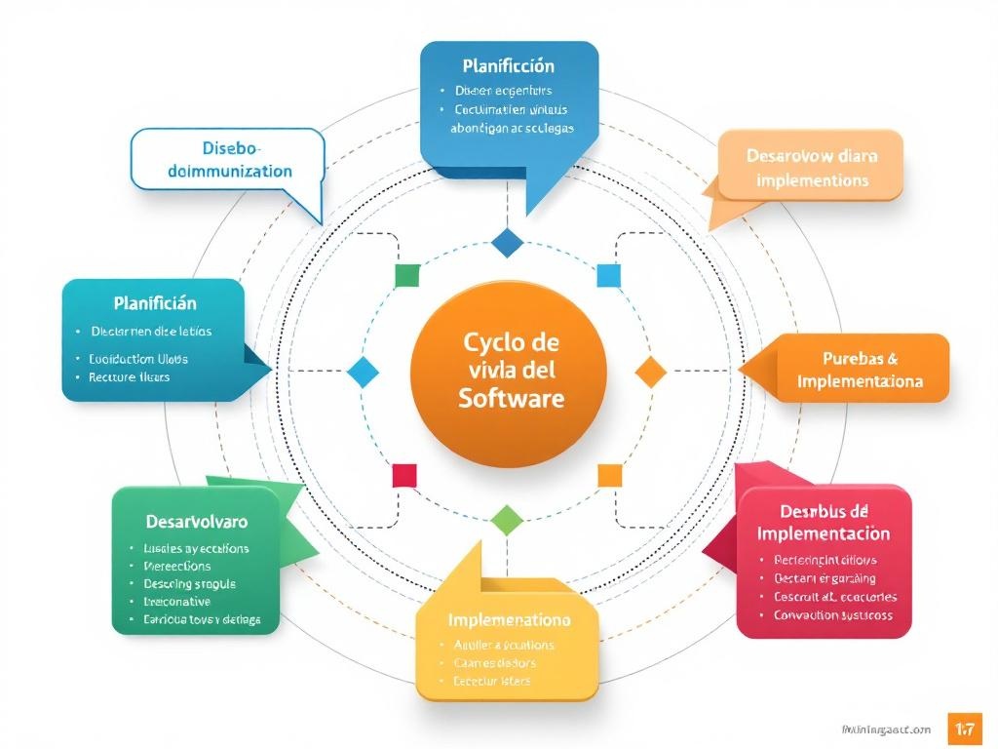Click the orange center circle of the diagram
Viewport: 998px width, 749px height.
[508, 374]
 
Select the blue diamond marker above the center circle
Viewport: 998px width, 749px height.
[508, 242]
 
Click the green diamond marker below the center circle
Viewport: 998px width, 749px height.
[507, 519]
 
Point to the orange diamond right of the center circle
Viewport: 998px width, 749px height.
[650, 372]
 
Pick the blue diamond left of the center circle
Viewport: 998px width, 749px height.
[362, 372]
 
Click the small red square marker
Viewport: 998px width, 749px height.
[404, 476]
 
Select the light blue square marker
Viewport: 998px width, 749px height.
[608, 275]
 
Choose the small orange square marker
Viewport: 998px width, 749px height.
[609, 475]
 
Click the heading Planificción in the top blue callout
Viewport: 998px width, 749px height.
[508, 66]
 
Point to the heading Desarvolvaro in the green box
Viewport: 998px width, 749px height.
[196, 522]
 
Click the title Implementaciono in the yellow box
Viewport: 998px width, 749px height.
[509, 619]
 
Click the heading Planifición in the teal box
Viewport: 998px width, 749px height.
[155, 303]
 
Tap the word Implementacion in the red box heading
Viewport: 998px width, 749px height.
[823, 533]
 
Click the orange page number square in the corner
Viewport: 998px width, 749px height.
[965, 729]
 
